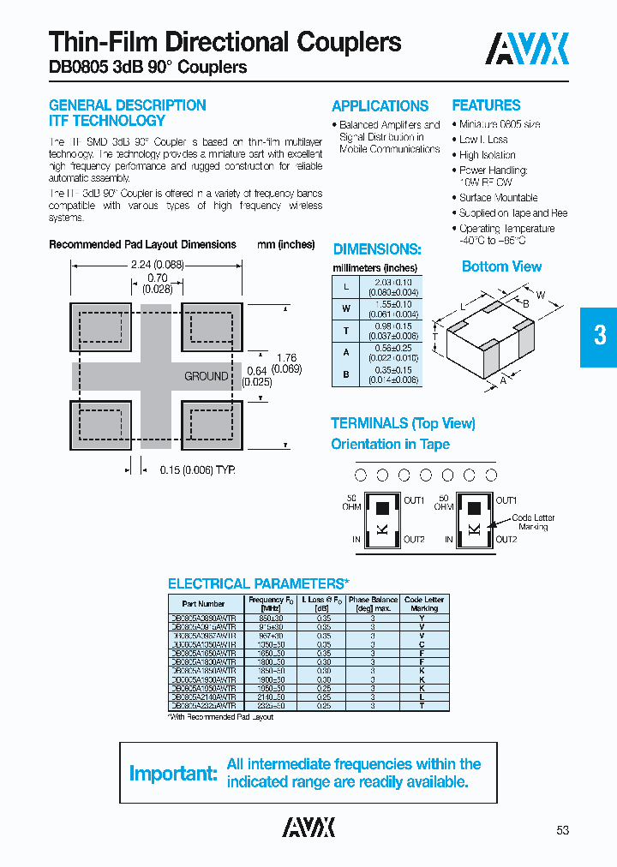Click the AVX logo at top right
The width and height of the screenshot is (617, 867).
point(527,50)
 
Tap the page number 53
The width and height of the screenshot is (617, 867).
point(562,830)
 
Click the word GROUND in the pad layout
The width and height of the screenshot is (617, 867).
point(207,376)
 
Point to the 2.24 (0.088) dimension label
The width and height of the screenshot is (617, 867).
point(157,265)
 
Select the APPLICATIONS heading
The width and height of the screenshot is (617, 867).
point(380,106)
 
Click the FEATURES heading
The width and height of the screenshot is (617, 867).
point(486,105)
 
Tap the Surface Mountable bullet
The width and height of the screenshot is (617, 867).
point(498,198)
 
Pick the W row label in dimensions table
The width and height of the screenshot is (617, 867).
point(345,308)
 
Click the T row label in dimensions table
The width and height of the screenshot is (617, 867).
point(345,330)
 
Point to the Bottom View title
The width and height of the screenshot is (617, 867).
point(501,266)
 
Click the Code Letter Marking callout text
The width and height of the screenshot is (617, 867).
point(532,523)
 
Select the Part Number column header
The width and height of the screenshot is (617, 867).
point(204,604)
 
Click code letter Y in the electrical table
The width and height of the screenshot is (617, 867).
point(422,618)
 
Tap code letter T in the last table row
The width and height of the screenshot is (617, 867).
point(422,705)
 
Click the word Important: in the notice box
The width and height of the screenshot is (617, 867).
point(173,774)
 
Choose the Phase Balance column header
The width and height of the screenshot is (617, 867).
point(373,604)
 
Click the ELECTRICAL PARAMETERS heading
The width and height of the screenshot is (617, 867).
point(258,584)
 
